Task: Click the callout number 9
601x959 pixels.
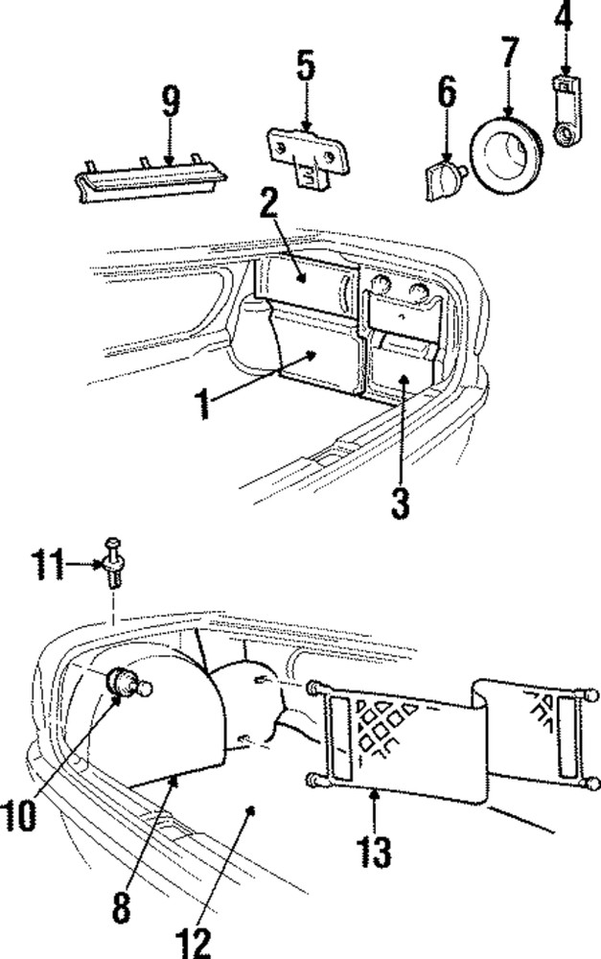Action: tap(171, 103)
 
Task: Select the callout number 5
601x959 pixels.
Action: tap(304, 66)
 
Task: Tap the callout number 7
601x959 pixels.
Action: tap(508, 57)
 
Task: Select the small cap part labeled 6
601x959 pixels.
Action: tap(442, 177)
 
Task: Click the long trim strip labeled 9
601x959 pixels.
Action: tap(153, 180)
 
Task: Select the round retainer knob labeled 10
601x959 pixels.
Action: tap(126, 684)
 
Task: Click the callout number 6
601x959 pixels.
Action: tap(447, 95)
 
